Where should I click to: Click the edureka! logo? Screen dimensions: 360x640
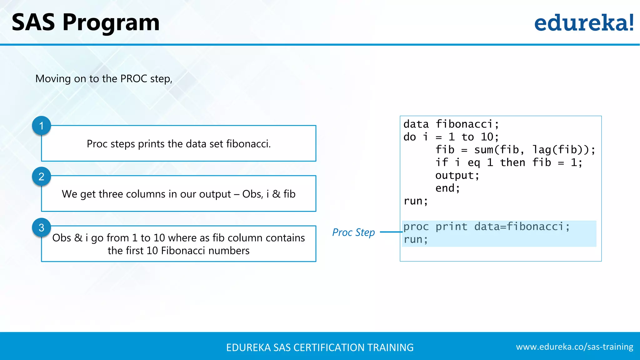click(584, 23)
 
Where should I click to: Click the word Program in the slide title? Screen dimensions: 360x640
click(111, 23)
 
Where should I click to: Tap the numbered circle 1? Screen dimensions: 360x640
click(41, 126)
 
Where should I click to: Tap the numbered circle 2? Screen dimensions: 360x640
click(41, 177)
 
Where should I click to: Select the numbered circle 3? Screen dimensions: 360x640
click(41, 227)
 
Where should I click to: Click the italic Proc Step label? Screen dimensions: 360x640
click(353, 232)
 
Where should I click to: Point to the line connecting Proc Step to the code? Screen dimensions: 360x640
click(391, 232)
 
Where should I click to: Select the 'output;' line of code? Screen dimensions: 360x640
click(457, 175)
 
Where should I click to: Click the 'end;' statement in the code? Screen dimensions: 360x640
click(447, 188)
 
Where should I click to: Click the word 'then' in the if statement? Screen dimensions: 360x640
click(512, 162)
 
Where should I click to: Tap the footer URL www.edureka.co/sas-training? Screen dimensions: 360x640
click(574, 347)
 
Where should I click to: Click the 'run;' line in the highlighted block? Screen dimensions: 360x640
click(415, 239)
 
